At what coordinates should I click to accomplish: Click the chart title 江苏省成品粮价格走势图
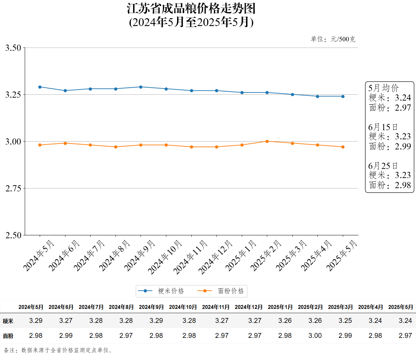[x=191, y=9]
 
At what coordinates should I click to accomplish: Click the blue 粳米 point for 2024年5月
[x=40, y=87]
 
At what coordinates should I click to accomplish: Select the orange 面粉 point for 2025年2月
[x=267, y=141]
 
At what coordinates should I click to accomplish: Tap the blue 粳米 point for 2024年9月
[x=141, y=87]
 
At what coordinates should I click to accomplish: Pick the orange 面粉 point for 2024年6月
[x=65, y=143]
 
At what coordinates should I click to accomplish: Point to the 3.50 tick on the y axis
[x=13, y=48]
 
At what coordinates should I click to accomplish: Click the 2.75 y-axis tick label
[x=13, y=188]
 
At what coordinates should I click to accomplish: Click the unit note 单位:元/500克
[x=333, y=39]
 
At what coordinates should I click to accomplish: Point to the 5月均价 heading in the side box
[x=383, y=88]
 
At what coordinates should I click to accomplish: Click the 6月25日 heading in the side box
[x=383, y=166]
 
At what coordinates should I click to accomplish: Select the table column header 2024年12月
[x=248, y=307]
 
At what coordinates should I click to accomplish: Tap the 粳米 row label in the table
[x=8, y=321]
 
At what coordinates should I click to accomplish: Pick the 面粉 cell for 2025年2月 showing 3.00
[x=315, y=336]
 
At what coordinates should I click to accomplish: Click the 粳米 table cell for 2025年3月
[x=345, y=321]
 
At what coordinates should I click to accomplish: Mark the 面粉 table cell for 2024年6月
[x=66, y=336]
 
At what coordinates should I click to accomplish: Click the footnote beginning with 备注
[x=58, y=350]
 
